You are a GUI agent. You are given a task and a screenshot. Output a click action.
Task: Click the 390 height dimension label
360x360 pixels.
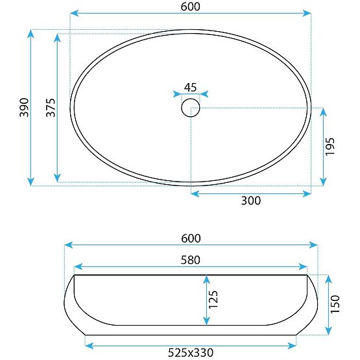coord(25,107)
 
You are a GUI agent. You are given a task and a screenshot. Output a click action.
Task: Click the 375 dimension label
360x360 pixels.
coord(51,107)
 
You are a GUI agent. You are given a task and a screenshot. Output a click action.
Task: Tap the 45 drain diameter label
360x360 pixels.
coord(190,87)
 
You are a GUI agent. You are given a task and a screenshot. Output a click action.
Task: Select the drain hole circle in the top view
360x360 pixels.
coord(190,107)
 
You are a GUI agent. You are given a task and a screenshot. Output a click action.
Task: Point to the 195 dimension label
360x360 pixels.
coord(330,147)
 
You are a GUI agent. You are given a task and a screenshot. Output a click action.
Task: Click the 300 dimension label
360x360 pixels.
coord(250,201)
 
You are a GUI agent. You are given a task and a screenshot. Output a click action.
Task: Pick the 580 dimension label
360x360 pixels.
coord(190,260)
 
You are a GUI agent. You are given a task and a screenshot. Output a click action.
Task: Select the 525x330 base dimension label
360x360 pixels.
coord(191,352)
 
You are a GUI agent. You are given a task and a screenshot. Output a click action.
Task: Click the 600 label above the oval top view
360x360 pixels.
coord(190,6)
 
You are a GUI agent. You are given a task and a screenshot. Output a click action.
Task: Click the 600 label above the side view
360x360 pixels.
coord(191,238)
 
